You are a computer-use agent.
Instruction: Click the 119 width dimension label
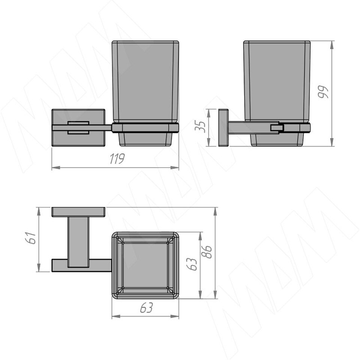(x=117, y=159)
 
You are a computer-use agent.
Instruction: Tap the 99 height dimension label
(x=323, y=92)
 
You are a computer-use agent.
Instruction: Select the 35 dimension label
(x=200, y=126)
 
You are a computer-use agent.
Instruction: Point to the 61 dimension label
(x=30, y=238)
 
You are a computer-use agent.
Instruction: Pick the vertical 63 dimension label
(x=192, y=264)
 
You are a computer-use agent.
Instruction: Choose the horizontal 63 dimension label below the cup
(x=147, y=307)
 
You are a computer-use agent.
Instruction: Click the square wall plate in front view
(x=78, y=127)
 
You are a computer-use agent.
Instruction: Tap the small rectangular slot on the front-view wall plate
(x=78, y=127)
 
